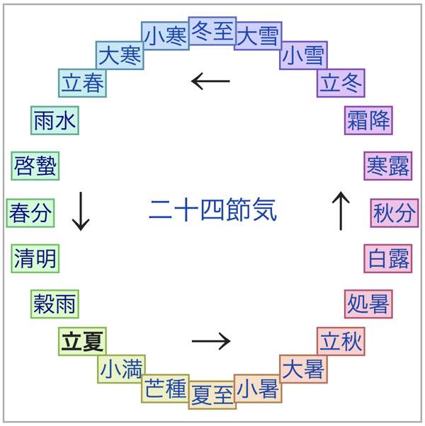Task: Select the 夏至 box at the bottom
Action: coord(212,393)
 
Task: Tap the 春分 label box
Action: coord(30,212)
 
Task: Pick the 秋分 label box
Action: coord(394,212)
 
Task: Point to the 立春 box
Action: coord(82,83)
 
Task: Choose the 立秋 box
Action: coord(341,342)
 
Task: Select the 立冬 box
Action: coord(341,83)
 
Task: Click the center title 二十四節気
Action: coord(212,210)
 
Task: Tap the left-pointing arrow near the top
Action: coord(211,81)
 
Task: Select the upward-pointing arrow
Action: coord(341,212)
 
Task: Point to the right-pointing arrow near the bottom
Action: coord(211,341)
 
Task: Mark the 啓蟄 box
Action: coord(35,166)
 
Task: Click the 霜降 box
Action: coord(368,120)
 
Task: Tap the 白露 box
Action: coord(389,258)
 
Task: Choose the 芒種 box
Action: coord(166,388)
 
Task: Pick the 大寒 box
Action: coord(120,54)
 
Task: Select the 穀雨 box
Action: coord(55,304)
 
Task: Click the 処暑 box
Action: coord(368,304)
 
